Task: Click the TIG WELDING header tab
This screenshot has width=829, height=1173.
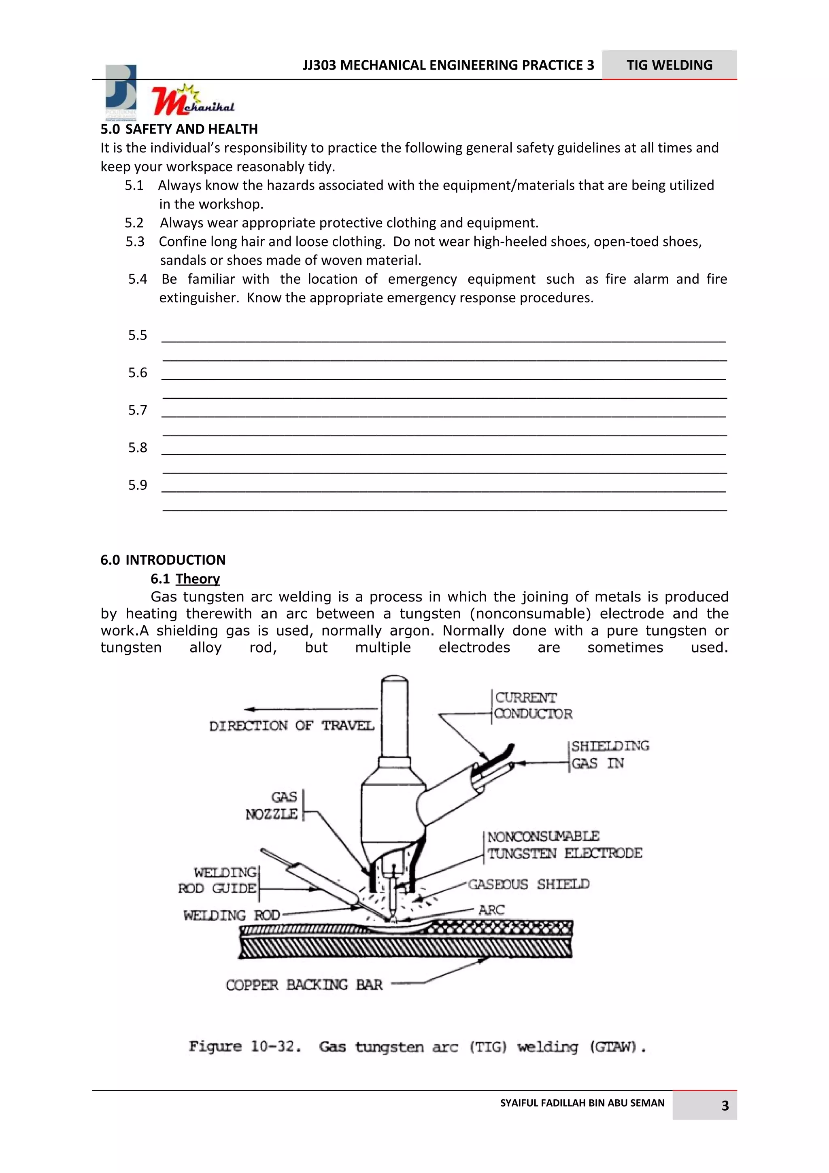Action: pyautogui.click(x=669, y=65)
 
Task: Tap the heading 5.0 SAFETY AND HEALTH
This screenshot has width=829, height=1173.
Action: pyautogui.click(x=179, y=129)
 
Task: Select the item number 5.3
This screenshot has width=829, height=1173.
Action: pyautogui.click(x=135, y=241)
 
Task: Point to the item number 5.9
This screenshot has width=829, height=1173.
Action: pyautogui.click(x=137, y=485)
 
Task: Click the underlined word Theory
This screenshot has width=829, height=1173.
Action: pyautogui.click(x=197, y=578)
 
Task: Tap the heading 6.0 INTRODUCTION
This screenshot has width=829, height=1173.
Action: pyautogui.click(x=163, y=559)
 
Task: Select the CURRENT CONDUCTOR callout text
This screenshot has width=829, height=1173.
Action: pyautogui.click(x=532, y=705)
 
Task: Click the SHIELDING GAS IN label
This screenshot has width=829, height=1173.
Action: pyautogui.click(x=609, y=754)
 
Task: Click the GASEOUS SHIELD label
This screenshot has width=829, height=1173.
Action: pyautogui.click(x=528, y=884)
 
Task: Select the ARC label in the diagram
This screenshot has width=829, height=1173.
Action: pyautogui.click(x=491, y=910)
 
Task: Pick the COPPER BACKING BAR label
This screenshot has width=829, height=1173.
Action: pyautogui.click(x=304, y=985)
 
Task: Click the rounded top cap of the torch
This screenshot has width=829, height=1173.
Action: pyautogui.click(x=394, y=684)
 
